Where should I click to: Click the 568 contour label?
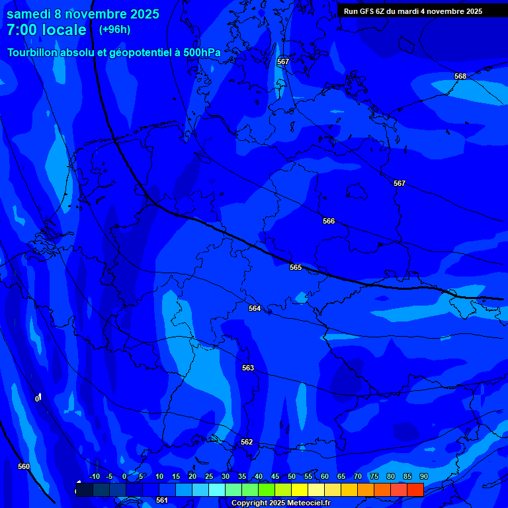point(460,76)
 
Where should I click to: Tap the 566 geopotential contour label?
point(329,221)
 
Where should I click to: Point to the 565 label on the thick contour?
point(296,267)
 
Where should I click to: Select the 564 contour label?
point(255,308)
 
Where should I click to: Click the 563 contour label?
point(248,368)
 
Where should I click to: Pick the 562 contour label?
point(247,442)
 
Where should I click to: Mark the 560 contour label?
point(24,466)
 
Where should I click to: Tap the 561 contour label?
point(162,500)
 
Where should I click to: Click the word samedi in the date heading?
point(31,14)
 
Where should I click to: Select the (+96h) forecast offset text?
point(114,30)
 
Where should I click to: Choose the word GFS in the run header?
point(366,11)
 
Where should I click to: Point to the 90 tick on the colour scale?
point(423,476)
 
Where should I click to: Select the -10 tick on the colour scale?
point(94,476)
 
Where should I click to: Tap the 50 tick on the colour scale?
point(292,476)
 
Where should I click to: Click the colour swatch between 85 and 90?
point(415,489)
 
